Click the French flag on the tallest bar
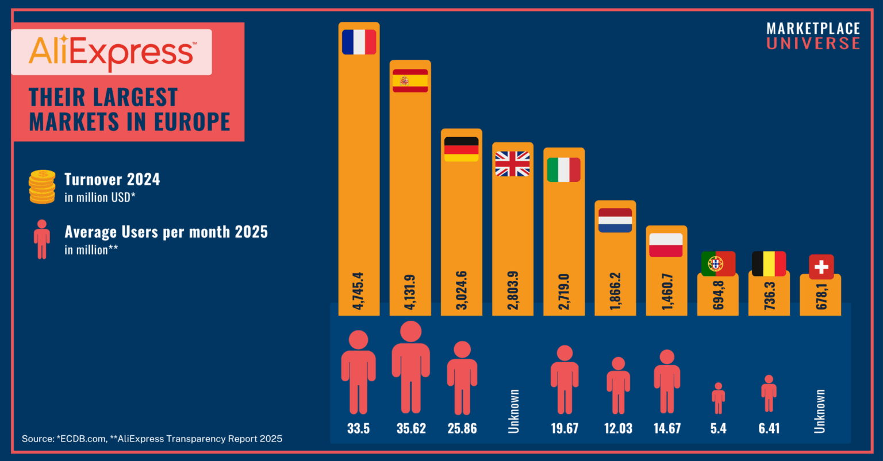(x=359, y=42)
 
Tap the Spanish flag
(x=410, y=81)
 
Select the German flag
(x=461, y=149)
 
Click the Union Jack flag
(x=512, y=164)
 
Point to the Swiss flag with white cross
(x=821, y=267)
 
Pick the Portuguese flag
(x=718, y=264)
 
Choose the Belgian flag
(x=769, y=264)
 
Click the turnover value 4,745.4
(x=358, y=291)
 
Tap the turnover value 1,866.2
(x=615, y=291)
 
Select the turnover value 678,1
(x=821, y=296)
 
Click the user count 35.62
(x=411, y=428)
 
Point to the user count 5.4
(x=718, y=428)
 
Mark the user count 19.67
(x=565, y=428)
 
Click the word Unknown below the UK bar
(x=513, y=412)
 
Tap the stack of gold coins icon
(x=42, y=187)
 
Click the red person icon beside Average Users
(x=42, y=239)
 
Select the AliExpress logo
(x=112, y=52)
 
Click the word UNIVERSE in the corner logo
(x=813, y=43)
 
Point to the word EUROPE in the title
(x=192, y=121)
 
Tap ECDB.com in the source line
(x=82, y=439)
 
